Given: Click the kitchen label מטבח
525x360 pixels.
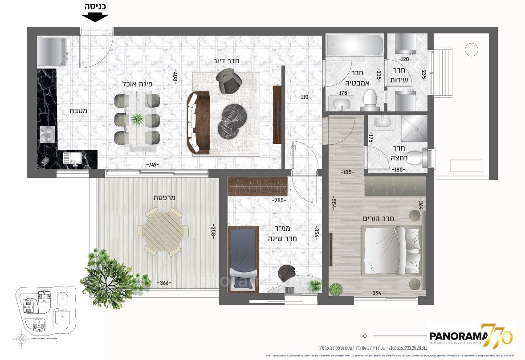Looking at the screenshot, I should click(x=78, y=110).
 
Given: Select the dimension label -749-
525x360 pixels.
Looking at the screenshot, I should click(x=153, y=165).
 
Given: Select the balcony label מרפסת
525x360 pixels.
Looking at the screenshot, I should click(x=163, y=197).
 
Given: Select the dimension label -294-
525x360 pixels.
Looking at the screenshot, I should click(x=377, y=293).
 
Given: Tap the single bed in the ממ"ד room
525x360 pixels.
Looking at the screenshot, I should click(x=244, y=258).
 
